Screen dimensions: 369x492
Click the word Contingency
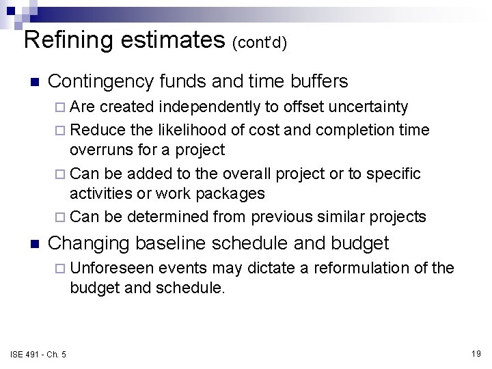[x=101, y=82]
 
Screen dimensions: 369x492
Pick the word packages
[x=230, y=194]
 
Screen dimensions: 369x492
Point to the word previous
[x=280, y=217]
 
